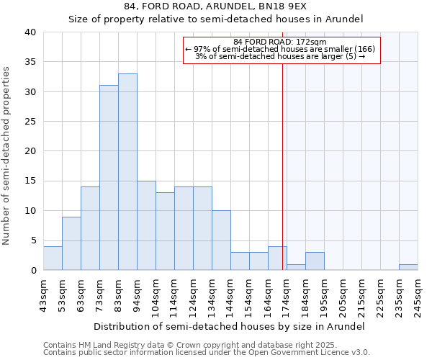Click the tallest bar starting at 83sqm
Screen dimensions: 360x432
[127, 172]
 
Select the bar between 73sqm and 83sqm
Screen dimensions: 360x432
[109, 178]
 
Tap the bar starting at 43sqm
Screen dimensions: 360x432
[53, 258]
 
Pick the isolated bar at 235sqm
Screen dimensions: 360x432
[408, 267]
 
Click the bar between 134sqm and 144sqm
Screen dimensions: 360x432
[221, 240]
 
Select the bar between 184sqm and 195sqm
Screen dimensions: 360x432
[315, 261]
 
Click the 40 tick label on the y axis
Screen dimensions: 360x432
[30, 32]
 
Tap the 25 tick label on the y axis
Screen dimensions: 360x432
[30, 122]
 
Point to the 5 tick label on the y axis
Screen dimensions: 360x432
[32, 240]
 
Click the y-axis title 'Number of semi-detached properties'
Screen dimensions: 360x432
[6, 156]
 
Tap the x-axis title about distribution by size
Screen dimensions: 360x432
[229, 326]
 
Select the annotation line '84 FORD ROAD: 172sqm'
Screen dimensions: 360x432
[280, 42]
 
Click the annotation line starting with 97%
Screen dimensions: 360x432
[280, 49]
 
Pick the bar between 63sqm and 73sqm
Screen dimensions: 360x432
[90, 228]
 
